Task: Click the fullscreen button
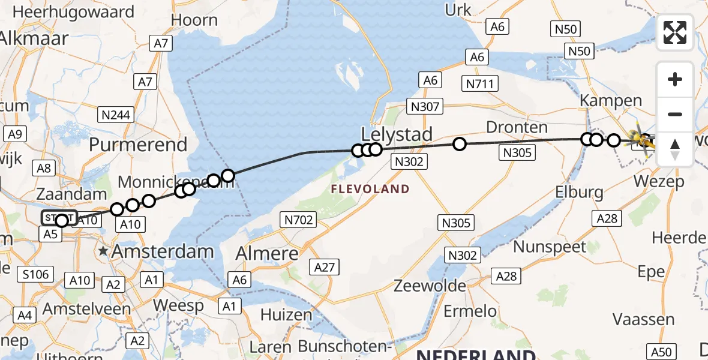(x=675, y=32)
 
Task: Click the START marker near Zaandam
(x=58, y=217)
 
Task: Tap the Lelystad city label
(x=397, y=134)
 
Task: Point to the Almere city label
(x=267, y=253)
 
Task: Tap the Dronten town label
(x=509, y=127)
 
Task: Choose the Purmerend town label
(x=139, y=145)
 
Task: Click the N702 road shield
(x=298, y=220)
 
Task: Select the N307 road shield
(x=425, y=107)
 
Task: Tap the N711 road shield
(x=481, y=83)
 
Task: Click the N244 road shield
(x=116, y=113)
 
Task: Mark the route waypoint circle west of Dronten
(x=460, y=144)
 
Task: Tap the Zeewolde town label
(x=430, y=286)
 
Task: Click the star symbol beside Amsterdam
(x=104, y=251)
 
